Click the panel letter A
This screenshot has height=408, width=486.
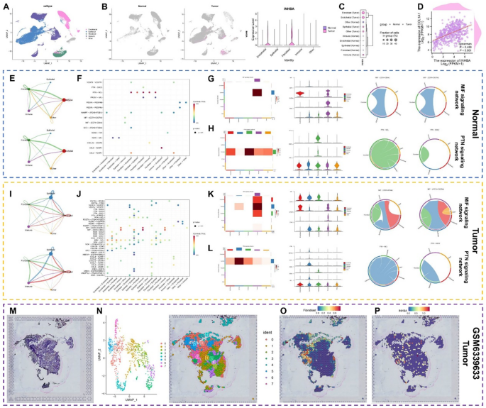click(x=6, y=6)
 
